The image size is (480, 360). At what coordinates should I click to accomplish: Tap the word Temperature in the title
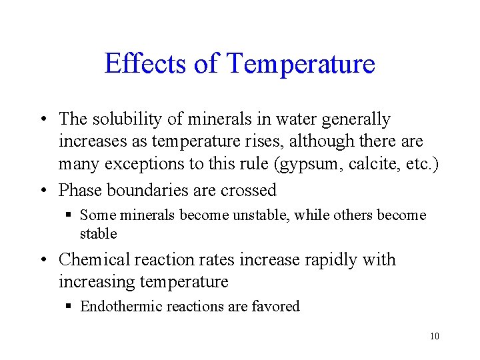tap(301, 65)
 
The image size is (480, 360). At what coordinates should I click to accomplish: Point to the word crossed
tap(251, 190)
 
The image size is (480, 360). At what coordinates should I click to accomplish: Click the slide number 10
tap(435, 336)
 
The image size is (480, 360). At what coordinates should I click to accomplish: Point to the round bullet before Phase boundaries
tap(42, 191)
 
